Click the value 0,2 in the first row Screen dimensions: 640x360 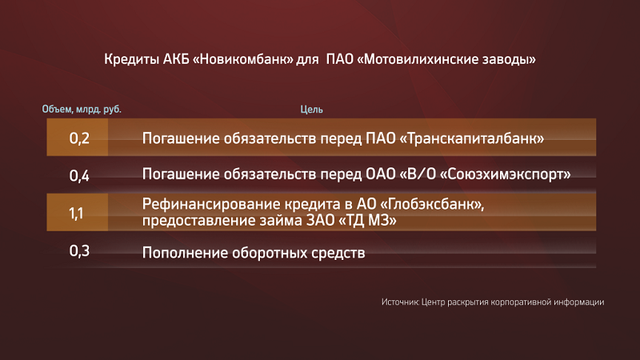pos(79,138)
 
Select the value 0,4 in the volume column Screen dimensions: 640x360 pos(79,175)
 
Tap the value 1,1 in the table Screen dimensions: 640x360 pos(76,213)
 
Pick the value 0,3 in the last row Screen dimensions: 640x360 pos(79,250)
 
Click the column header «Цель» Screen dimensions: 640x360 pos(311,110)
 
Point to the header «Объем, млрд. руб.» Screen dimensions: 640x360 pos(82,110)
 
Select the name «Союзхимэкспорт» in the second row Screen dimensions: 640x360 pos(506,174)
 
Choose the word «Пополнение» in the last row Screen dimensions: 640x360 pos(185,253)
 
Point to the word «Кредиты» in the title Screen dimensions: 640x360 pos(131,59)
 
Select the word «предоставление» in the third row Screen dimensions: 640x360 pos(198,221)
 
